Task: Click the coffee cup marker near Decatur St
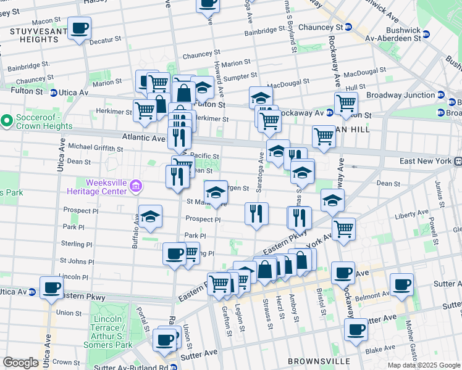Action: (x=79, y=28)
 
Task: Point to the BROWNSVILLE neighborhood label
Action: (x=319, y=361)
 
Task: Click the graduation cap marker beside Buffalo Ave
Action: (x=150, y=217)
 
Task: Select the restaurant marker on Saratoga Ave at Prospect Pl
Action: (x=256, y=214)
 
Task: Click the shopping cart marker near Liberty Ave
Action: (x=343, y=229)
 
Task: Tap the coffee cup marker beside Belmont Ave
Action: (x=401, y=285)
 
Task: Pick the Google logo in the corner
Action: (x=20, y=363)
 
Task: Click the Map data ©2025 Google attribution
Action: (x=424, y=365)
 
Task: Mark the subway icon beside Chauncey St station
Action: (x=348, y=27)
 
